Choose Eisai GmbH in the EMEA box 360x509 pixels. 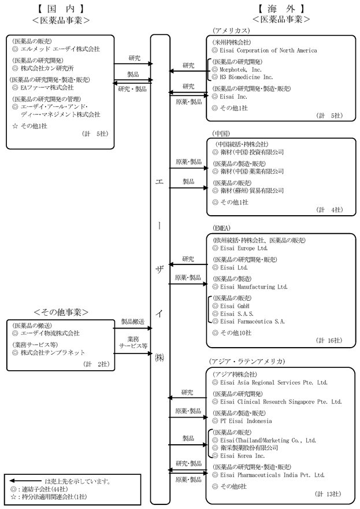coord(235,305)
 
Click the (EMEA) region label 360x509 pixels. coord(222,228)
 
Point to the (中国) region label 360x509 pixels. coord(221,132)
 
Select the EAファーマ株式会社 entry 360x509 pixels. coord(47,87)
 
